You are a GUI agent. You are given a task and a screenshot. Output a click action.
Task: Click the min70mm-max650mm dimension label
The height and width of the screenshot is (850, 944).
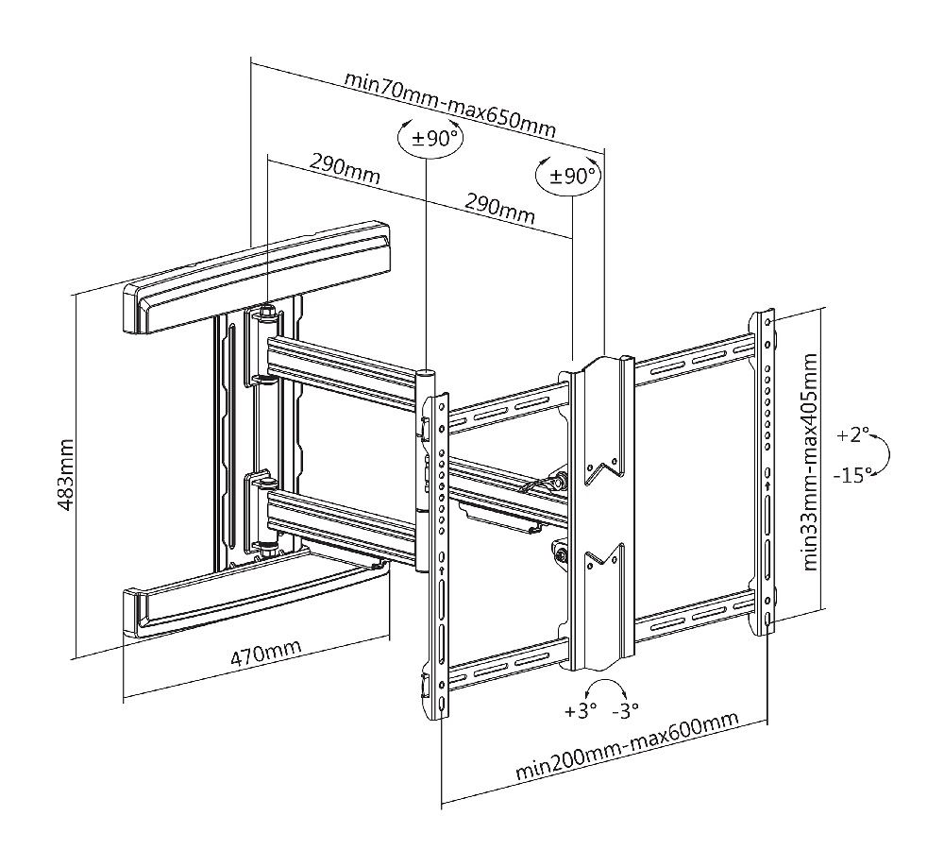(x=449, y=104)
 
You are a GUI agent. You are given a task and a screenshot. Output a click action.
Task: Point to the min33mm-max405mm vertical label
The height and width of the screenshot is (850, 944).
(x=810, y=462)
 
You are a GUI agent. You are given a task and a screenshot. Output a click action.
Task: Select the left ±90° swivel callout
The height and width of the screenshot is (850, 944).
(x=429, y=139)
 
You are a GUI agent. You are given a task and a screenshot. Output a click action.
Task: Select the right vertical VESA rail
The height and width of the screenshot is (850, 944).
(x=767, y=472)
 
